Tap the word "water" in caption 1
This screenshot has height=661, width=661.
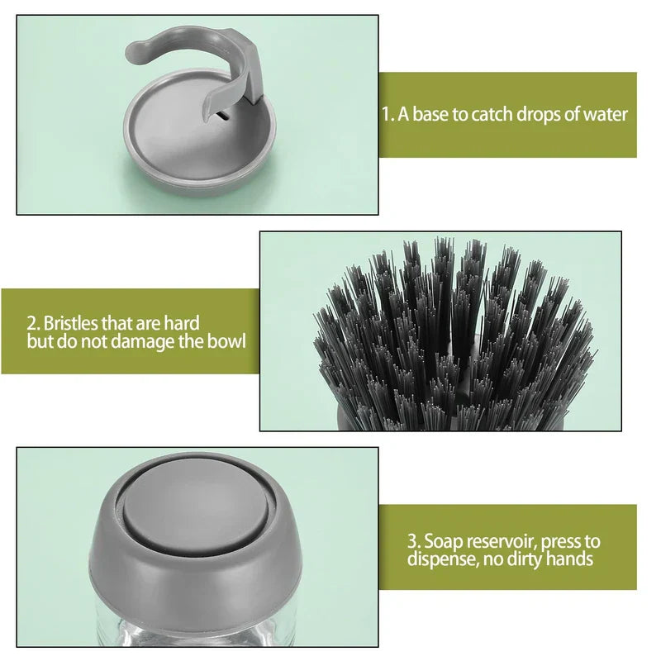tap(603, 114)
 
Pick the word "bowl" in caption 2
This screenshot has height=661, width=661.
tap(227, 340)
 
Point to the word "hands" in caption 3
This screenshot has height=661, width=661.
tap(571, 559)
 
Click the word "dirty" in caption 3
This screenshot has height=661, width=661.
tap(525, 559)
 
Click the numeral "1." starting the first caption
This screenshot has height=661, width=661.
tap(388, 114)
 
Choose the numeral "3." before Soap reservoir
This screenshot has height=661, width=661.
tap(414, 542)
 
